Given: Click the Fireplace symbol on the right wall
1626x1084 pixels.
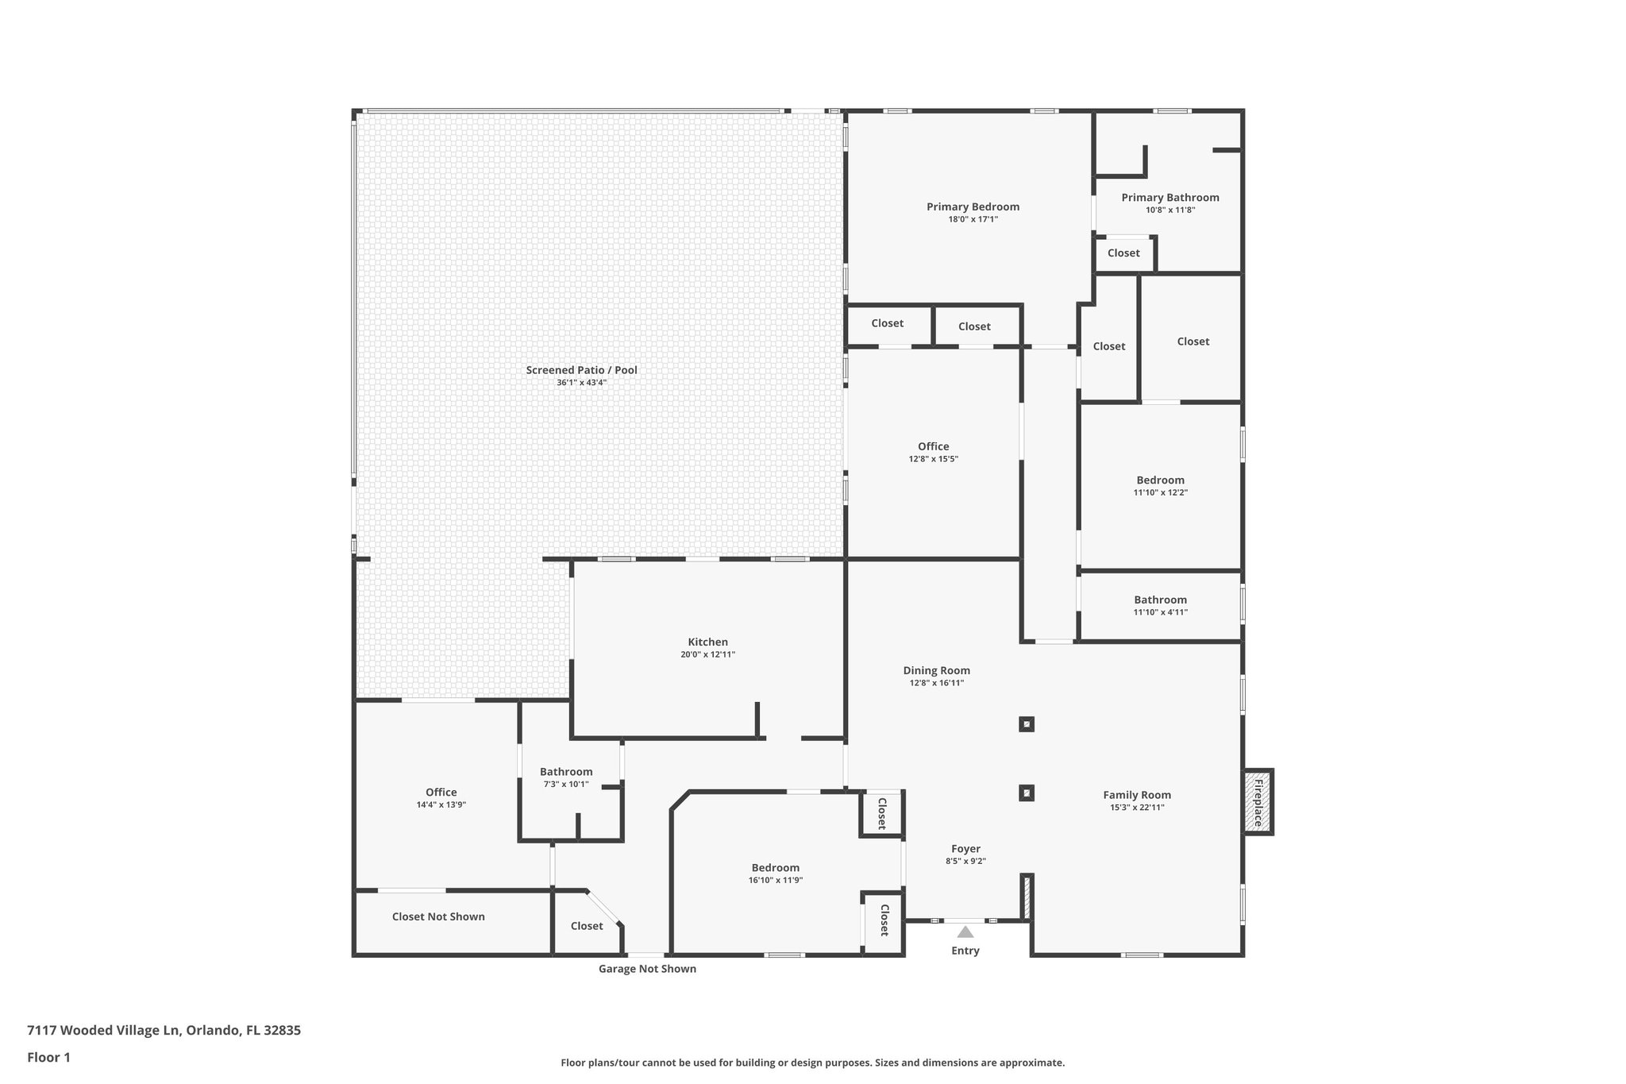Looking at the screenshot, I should [x=1258, y=802].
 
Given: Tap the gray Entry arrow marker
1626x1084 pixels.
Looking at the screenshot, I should [x=965, y=932].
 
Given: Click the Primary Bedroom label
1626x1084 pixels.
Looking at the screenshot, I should [x=973, y=206].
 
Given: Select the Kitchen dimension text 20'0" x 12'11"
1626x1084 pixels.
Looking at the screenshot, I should [x=707, y=654].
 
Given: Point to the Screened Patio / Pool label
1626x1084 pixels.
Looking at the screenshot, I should [x=581, y=370].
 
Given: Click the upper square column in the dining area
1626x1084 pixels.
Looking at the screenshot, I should [x=1027, y=724].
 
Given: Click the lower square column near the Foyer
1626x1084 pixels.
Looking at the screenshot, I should [x=1027, y=793].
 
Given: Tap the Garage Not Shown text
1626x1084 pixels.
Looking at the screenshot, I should [x=647, y=969].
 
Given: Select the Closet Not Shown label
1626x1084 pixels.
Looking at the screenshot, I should [x=438, y=916].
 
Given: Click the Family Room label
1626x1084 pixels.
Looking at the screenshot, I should [x=1137, y=795].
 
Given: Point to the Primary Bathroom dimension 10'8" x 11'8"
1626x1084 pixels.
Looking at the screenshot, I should [x=1169, y=210].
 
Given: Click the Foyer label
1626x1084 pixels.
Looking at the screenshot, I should [x=965, y=849].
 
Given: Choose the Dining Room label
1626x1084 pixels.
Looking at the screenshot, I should [x=936, y=670].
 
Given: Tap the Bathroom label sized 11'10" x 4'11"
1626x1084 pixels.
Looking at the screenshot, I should [x=1160, y=600].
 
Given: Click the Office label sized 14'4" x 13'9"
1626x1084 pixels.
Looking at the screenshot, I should [x=441, y=792].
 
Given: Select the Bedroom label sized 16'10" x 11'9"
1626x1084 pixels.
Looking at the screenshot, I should [x=775, y=868].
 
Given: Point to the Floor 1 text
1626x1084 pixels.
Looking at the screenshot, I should [x=48, y=1057].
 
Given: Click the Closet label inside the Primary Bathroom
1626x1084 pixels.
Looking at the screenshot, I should [x=1123, y=253].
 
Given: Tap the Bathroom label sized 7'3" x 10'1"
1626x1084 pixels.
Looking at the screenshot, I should [x=566, y=772].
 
